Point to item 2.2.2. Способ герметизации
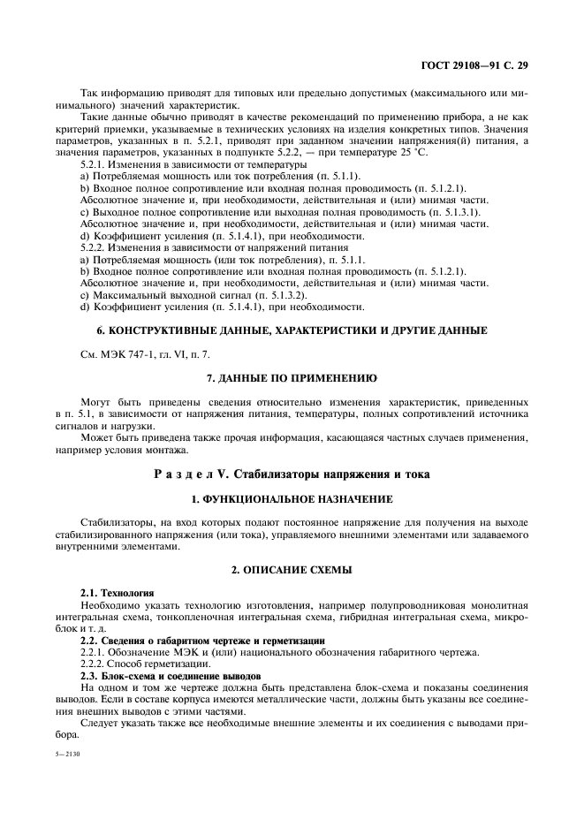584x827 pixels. [146, 663]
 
